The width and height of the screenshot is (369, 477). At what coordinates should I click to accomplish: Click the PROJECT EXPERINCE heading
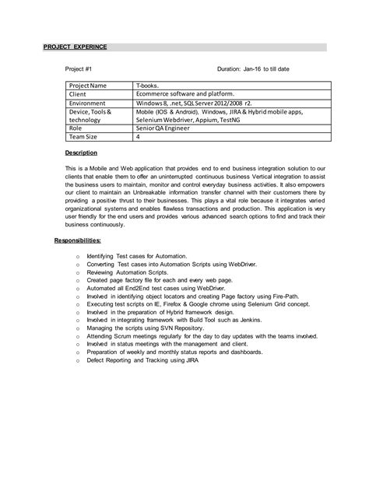[x=75, y=47]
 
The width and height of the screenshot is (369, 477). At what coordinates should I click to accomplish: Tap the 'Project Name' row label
[x=90, y=84]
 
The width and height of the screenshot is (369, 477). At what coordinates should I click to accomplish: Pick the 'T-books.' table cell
[x=149, y=84]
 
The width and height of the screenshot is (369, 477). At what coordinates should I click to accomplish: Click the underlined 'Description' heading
[x=81, y=153]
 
